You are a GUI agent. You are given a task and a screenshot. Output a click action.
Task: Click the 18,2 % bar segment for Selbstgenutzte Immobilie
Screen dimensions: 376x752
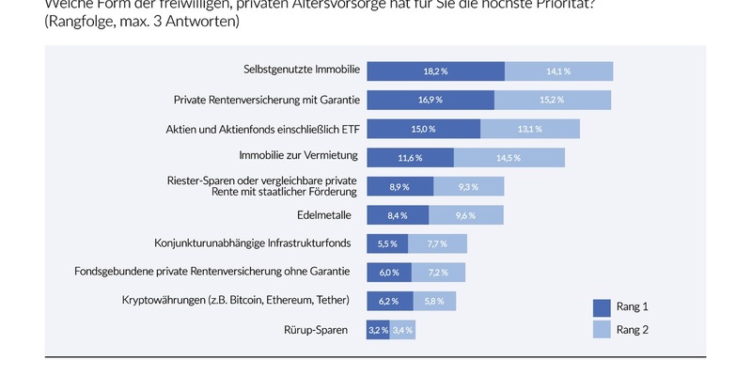click(x=435, y=70)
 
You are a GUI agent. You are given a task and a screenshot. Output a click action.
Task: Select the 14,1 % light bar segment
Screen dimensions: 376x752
click(x=558, y=70)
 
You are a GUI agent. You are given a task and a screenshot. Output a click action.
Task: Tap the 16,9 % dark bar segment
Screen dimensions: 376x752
click(x=431, y=100)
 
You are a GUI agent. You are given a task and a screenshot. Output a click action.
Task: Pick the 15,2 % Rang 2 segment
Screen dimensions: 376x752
click(x=553, y=100)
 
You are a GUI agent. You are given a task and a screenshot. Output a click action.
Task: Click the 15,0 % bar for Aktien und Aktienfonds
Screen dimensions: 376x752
click(x=423, y=129)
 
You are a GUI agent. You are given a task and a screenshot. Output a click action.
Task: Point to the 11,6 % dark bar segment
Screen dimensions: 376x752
click(x=410, y=157)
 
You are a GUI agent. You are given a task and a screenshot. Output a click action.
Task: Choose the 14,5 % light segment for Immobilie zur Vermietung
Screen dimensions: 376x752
click(x=509, y=157)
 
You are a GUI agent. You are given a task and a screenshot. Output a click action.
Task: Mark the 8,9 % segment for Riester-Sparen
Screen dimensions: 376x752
click(x=399, y=186)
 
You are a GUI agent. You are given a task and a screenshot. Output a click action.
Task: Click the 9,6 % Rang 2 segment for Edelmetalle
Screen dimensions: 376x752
click(x=465, y=215)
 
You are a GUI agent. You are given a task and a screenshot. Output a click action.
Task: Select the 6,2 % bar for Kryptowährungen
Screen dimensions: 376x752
click(x=389, y=301)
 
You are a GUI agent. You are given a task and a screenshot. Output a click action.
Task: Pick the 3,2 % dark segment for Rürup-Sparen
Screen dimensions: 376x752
click(x=378, y=330)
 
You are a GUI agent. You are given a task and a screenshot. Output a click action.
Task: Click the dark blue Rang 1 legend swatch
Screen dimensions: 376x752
click(x=602, y=306)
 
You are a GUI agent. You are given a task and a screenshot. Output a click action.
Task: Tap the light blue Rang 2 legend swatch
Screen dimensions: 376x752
click(x=602, y=329)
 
